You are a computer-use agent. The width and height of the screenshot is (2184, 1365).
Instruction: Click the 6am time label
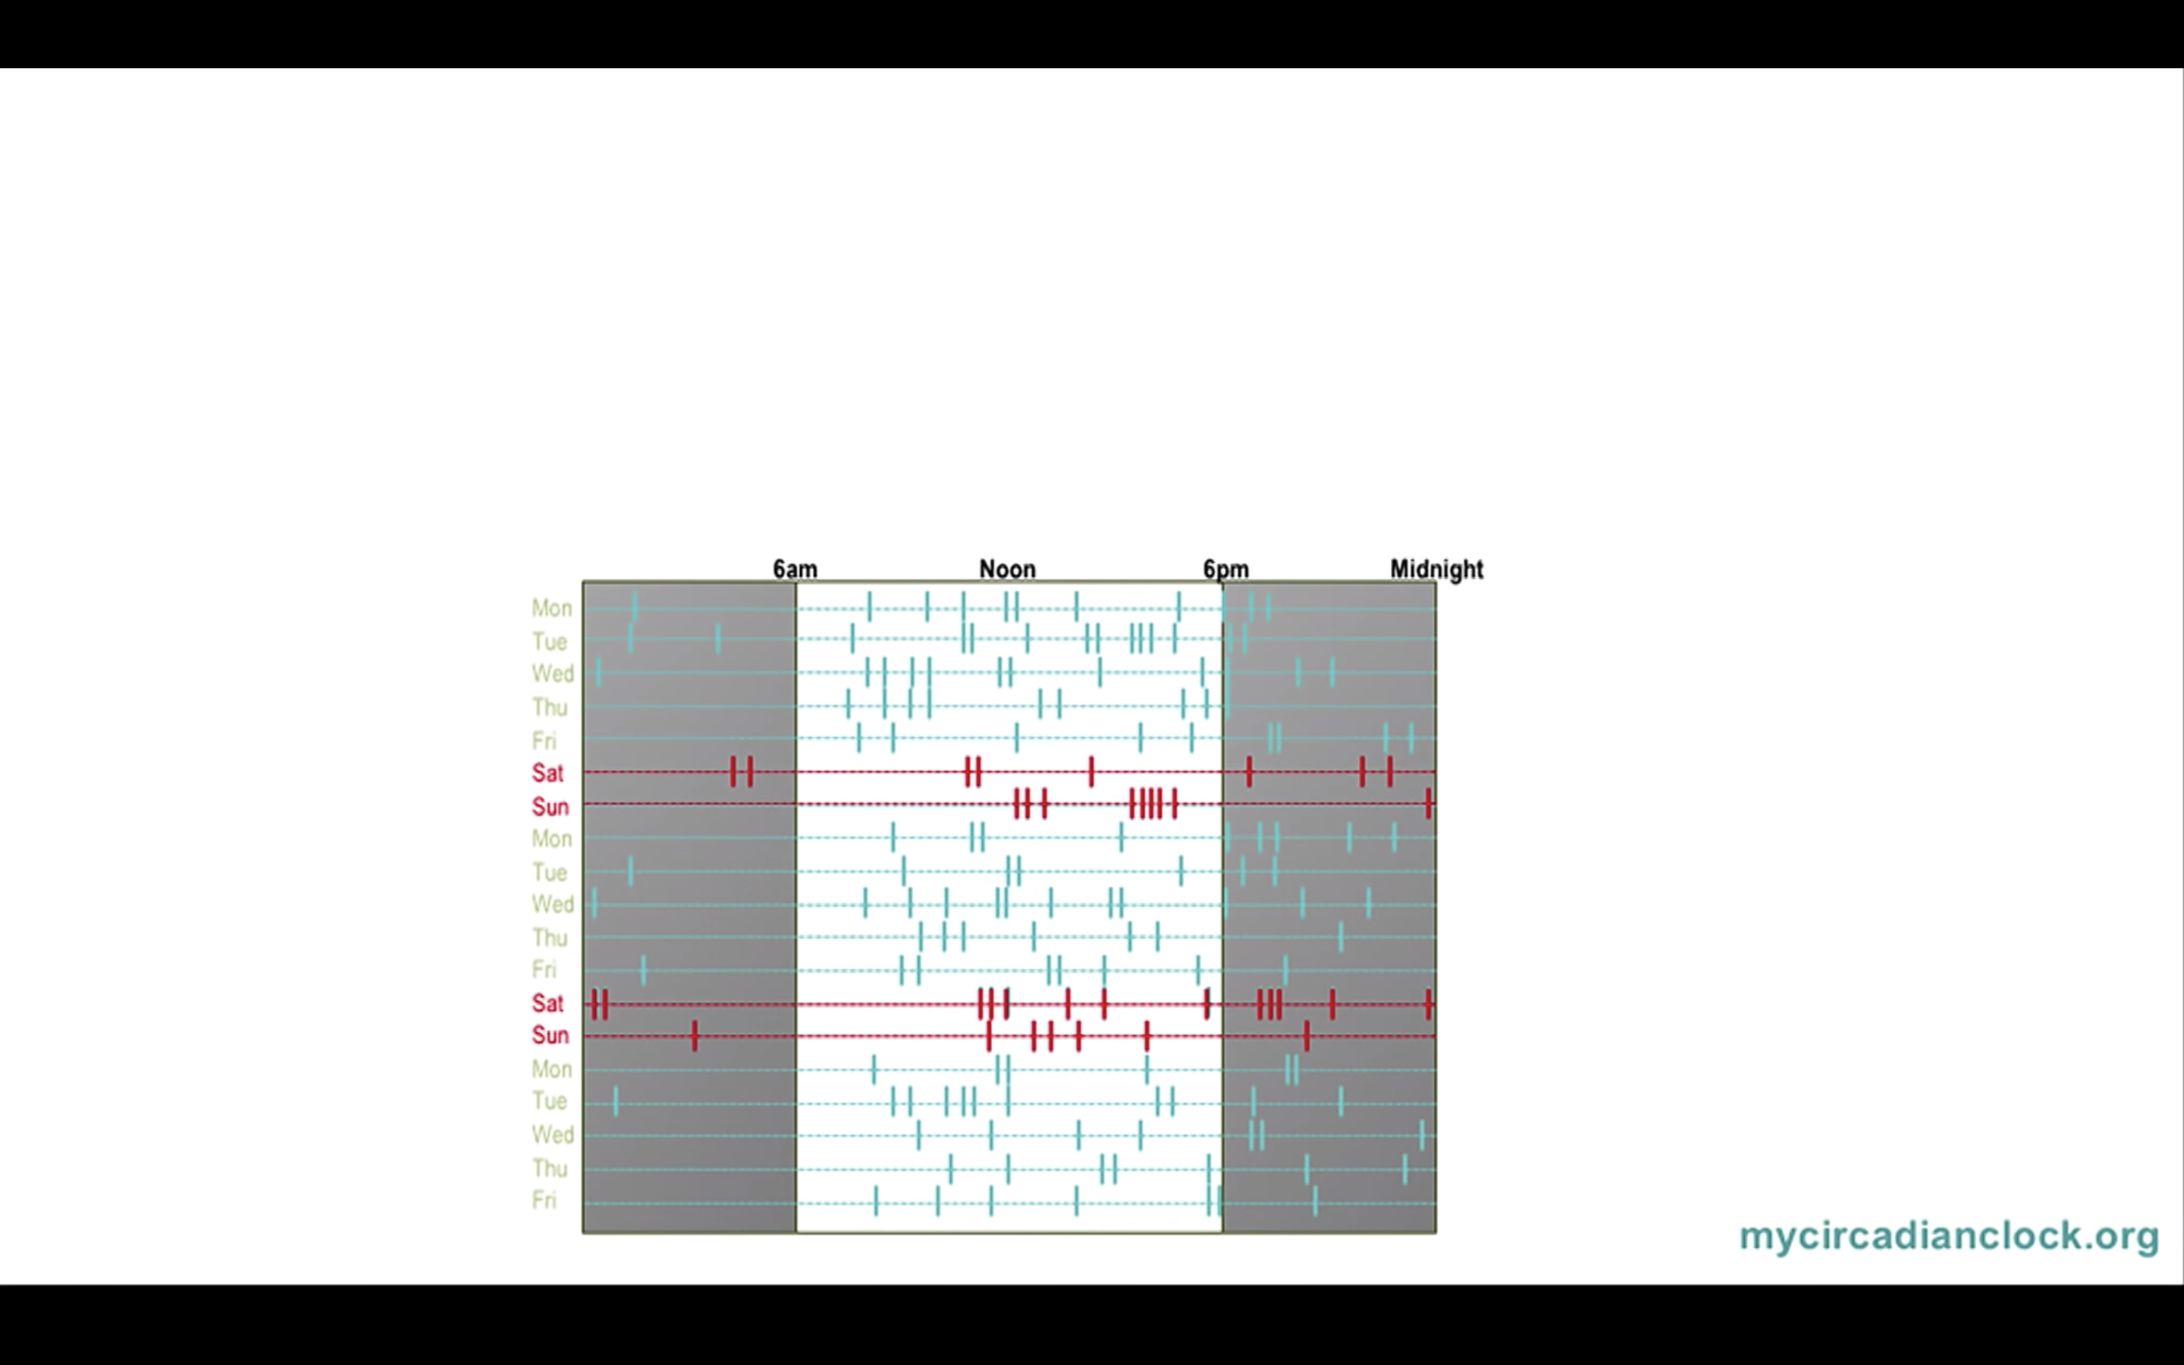(x=795, y=570)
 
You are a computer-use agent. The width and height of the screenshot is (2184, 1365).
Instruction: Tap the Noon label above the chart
(x=1007, y=570)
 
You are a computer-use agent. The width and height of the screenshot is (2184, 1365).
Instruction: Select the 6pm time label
(x=1225, y=570)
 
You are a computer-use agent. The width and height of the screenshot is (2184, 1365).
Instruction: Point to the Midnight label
(x=1436, y=570)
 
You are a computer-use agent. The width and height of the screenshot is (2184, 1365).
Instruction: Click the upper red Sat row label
(x=548, y=773)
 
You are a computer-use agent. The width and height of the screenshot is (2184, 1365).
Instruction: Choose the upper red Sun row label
(x=550, y=807)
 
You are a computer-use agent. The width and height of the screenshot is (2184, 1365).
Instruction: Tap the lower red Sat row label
(x=548, y=1004)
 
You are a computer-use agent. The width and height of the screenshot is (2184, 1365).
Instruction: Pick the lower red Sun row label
(x=550, y=1035)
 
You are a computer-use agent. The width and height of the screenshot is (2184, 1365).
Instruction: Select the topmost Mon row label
(x=551, y=608)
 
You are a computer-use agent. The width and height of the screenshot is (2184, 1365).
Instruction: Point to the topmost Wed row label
(x=552, y=674)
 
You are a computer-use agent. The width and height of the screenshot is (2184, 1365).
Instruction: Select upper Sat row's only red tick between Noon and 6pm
(x=1091, y=772)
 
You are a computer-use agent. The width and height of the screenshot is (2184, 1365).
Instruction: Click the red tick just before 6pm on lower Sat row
(x=1207, y=1003)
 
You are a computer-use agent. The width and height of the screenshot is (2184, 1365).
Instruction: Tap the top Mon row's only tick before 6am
(x=635, y=607)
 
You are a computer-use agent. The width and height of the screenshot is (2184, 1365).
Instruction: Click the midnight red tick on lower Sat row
(x=1429, y=1004)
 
